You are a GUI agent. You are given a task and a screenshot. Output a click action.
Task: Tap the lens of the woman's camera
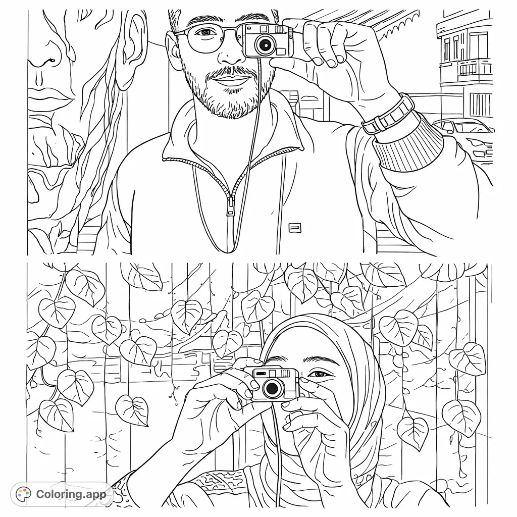272,388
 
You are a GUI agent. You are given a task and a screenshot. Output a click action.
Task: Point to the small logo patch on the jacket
294,228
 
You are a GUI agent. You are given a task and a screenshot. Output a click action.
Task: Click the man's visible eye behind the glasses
204,33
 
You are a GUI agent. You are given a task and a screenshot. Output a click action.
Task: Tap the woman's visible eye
317,375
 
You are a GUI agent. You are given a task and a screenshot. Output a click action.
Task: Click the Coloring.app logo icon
23,493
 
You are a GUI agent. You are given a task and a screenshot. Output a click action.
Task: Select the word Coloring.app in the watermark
71,494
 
